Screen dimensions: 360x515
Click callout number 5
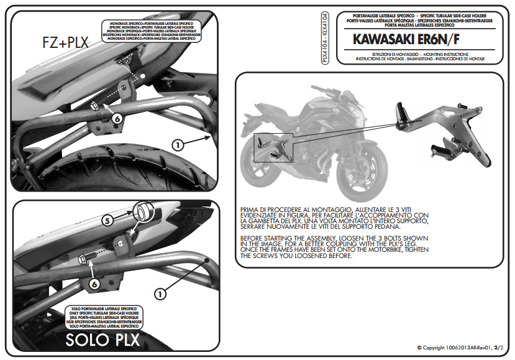(107, 219)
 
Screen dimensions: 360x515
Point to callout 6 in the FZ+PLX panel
(116, 118)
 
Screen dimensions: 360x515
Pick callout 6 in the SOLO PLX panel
(94, 283)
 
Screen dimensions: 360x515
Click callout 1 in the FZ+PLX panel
(177, 145)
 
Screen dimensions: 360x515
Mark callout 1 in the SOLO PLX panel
(160, 293)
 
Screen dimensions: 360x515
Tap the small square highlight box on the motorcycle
(269, 147)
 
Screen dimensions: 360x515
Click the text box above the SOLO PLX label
(103, 316)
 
